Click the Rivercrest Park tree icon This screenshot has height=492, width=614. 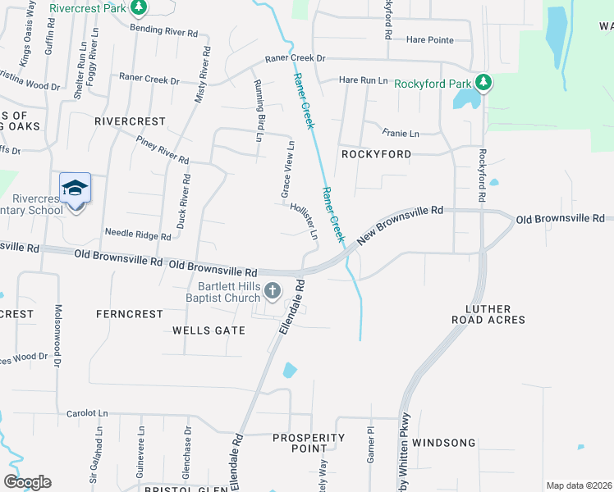click(139, 8)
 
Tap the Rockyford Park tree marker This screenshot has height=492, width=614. click(484, 83)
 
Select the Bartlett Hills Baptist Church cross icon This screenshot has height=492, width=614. click(273, 290)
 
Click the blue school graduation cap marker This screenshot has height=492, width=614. click(75, 188)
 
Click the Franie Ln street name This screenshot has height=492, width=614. click(401, 133)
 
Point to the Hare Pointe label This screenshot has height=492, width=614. click(430, 39)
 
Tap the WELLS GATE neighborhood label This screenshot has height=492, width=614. click(208, 330)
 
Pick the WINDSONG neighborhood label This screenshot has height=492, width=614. click(444, 443)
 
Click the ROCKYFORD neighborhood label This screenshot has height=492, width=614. click(376, 153)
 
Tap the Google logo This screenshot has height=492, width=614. click(27, 482)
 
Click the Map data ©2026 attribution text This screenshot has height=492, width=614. click(578, 485)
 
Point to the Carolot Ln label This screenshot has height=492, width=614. click(87, 413)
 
